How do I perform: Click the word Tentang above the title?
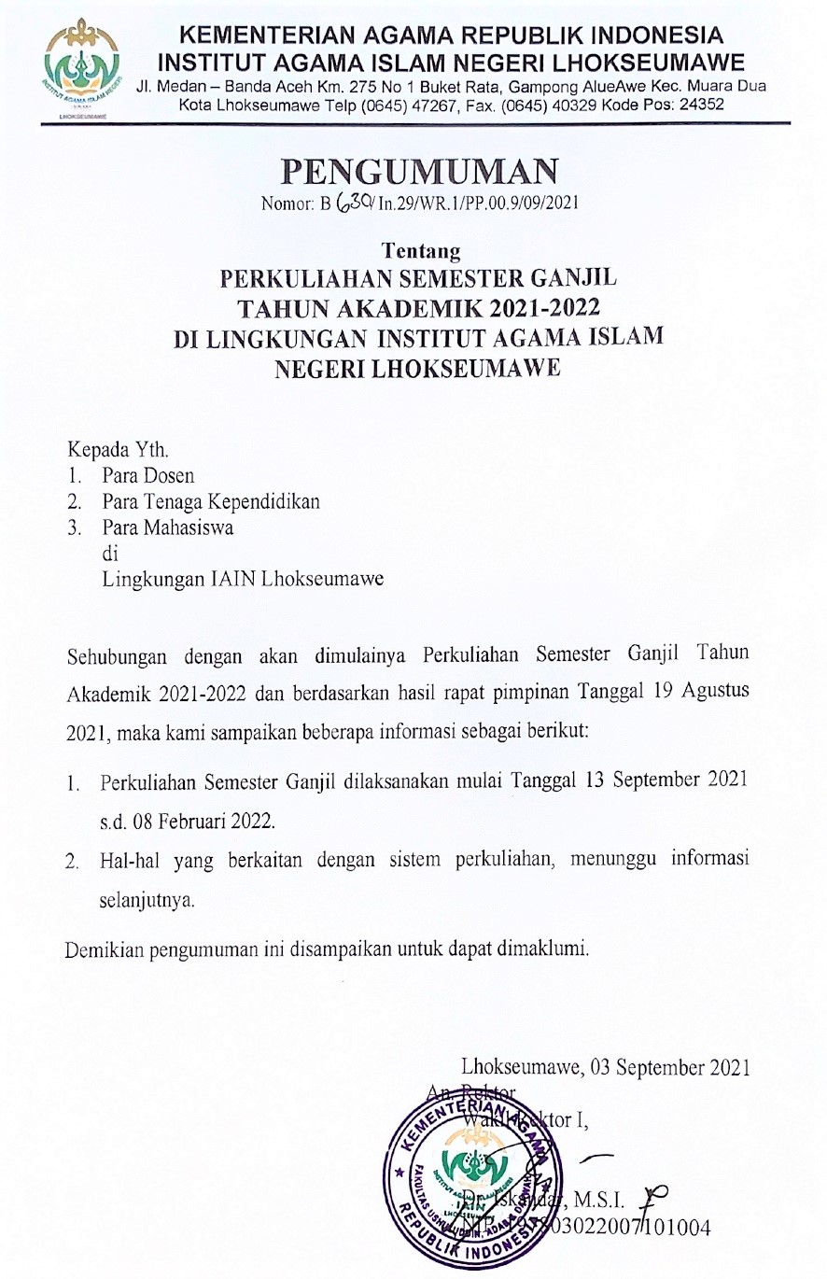click(421, 251)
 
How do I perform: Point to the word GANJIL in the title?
click(569, 279)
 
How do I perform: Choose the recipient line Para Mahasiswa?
click(168, 527)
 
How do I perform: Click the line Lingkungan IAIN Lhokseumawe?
click(243, 579)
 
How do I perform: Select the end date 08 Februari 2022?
click(188, 822)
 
